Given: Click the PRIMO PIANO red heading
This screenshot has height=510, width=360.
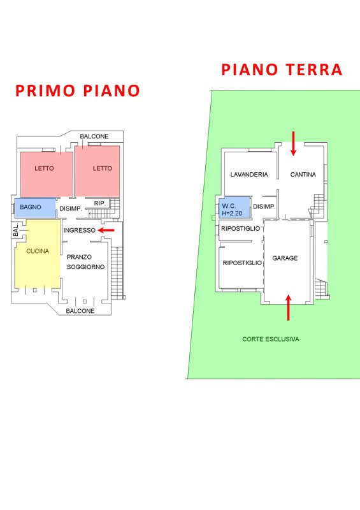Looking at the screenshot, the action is pos(77,91).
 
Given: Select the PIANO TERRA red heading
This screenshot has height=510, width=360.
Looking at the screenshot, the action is pos(282,70).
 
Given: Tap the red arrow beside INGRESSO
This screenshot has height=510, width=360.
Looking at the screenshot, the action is pos(106,230).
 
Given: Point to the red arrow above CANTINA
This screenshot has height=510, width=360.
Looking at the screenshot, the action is pos(293,143).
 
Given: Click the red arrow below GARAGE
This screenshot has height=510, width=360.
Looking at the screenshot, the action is pos(288,307).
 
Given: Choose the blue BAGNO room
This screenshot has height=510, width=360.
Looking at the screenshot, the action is pos(35,208).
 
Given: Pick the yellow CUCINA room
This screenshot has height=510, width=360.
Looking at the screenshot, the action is pos(38,254).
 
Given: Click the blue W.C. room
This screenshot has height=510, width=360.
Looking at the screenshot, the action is pos(234,208).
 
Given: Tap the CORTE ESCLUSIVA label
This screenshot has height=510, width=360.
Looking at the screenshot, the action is pos(271,339).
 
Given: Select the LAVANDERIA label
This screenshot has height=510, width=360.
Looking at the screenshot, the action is pos(249,175).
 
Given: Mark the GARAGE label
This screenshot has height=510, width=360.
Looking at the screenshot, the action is pos(285,258).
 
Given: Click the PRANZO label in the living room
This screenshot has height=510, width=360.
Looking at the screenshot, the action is pos(79,257).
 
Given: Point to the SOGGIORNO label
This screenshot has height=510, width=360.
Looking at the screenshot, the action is pos(85,267).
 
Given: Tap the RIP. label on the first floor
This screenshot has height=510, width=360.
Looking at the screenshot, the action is pos(100,203).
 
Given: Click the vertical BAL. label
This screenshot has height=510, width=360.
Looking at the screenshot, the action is pos(15,230).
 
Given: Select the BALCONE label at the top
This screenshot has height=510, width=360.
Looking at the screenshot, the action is pos(94,136).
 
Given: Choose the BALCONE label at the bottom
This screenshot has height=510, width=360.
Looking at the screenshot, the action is pos(80,311).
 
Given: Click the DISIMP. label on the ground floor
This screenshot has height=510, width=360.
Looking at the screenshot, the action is pos(264,207).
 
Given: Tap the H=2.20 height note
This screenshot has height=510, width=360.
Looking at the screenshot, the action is pos(232,214).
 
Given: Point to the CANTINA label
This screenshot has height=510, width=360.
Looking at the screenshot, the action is pos(303,175).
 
